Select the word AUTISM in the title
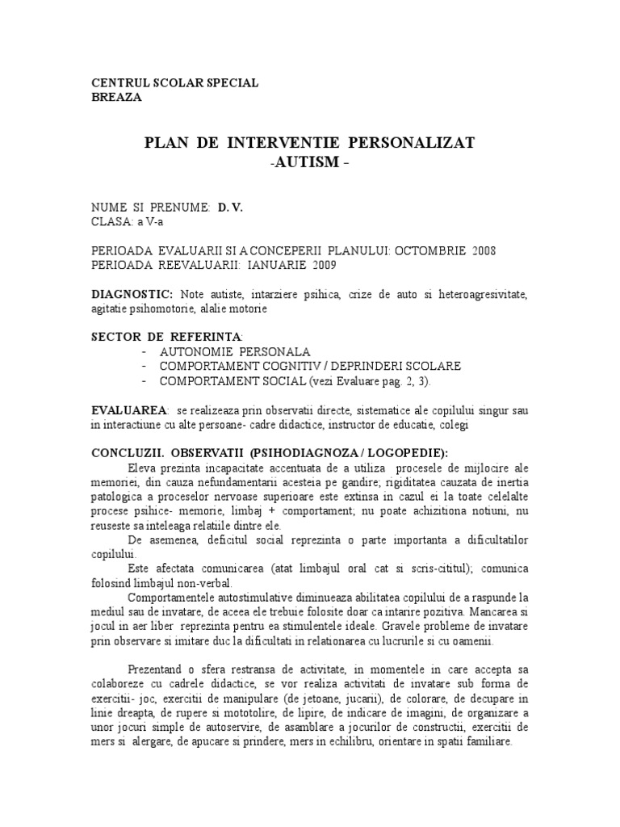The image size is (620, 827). pos(311,162)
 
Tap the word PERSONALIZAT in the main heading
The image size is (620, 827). pos(413,143)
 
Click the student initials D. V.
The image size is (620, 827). pos(230,208)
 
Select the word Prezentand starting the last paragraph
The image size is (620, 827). pos(157,670)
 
